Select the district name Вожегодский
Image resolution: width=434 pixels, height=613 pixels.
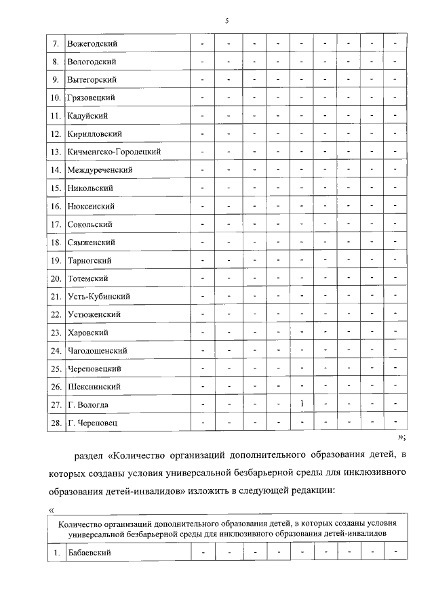[x=93, y=44]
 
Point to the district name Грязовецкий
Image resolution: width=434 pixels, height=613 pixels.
[x=92, y=98]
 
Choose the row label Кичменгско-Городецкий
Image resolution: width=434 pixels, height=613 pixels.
[x=114, y=152]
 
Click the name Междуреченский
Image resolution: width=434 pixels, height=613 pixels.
[x=100, y=169]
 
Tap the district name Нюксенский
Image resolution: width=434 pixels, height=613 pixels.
[x=92, y=206]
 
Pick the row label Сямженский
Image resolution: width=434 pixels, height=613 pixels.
[x=92, y=242]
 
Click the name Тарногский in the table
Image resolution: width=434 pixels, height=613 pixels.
[x=90, y=261]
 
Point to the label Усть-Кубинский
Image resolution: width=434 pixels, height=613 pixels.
[x=99, y=297]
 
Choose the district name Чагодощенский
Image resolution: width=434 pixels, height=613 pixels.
[x=98, y=351]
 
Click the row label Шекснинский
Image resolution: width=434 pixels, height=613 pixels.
[x=94, y=387]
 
